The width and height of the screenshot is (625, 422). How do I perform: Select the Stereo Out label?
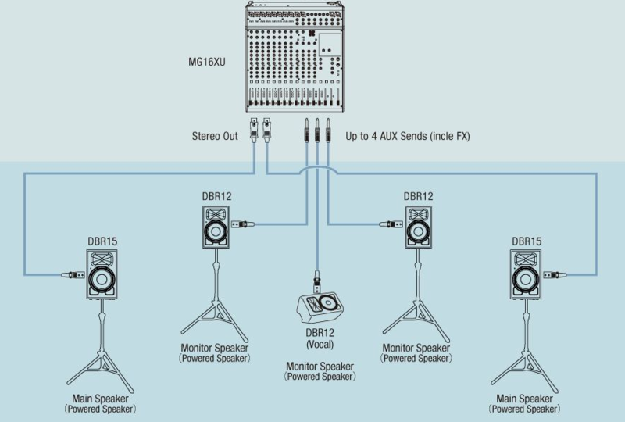(x=215, y=136)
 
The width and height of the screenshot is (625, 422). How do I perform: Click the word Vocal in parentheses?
(x=320, y=344)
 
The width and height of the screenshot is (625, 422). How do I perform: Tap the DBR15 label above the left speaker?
(x=102, y=241)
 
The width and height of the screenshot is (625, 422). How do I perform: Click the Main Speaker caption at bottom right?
(x=525, y=399)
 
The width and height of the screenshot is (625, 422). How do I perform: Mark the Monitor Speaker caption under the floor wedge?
(x=320, y=366)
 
